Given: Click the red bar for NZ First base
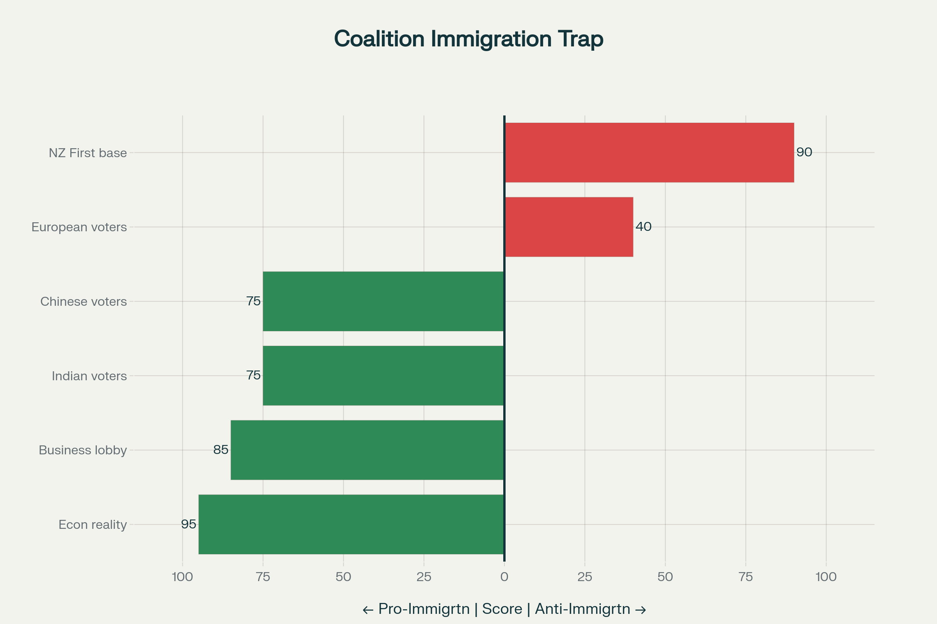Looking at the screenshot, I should [649, 152].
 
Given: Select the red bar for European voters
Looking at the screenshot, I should [569, 227].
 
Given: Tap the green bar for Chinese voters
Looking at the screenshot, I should [383, 301].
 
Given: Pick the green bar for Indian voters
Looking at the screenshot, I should [383, 376].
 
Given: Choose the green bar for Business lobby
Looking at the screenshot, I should [367, 450].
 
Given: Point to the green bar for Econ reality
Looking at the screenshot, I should [351, 525].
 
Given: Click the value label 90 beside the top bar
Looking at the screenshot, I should [804, 152].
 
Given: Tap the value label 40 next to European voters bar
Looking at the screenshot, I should [643, 227].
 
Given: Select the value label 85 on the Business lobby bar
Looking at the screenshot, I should [221, 450].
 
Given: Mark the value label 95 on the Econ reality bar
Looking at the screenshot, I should [189, 524].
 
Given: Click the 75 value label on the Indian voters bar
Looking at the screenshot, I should [253, 375].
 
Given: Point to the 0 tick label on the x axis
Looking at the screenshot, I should [504, 577].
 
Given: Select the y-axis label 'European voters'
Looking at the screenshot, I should [79, 227].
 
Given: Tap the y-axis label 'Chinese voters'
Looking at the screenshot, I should [83, 301].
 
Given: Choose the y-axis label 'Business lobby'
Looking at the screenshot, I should [82, 450].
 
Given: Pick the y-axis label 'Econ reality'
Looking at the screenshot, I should [93, 525].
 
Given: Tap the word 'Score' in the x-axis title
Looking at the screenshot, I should [502, 609].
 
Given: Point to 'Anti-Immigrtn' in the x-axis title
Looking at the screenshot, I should [583, 609].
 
